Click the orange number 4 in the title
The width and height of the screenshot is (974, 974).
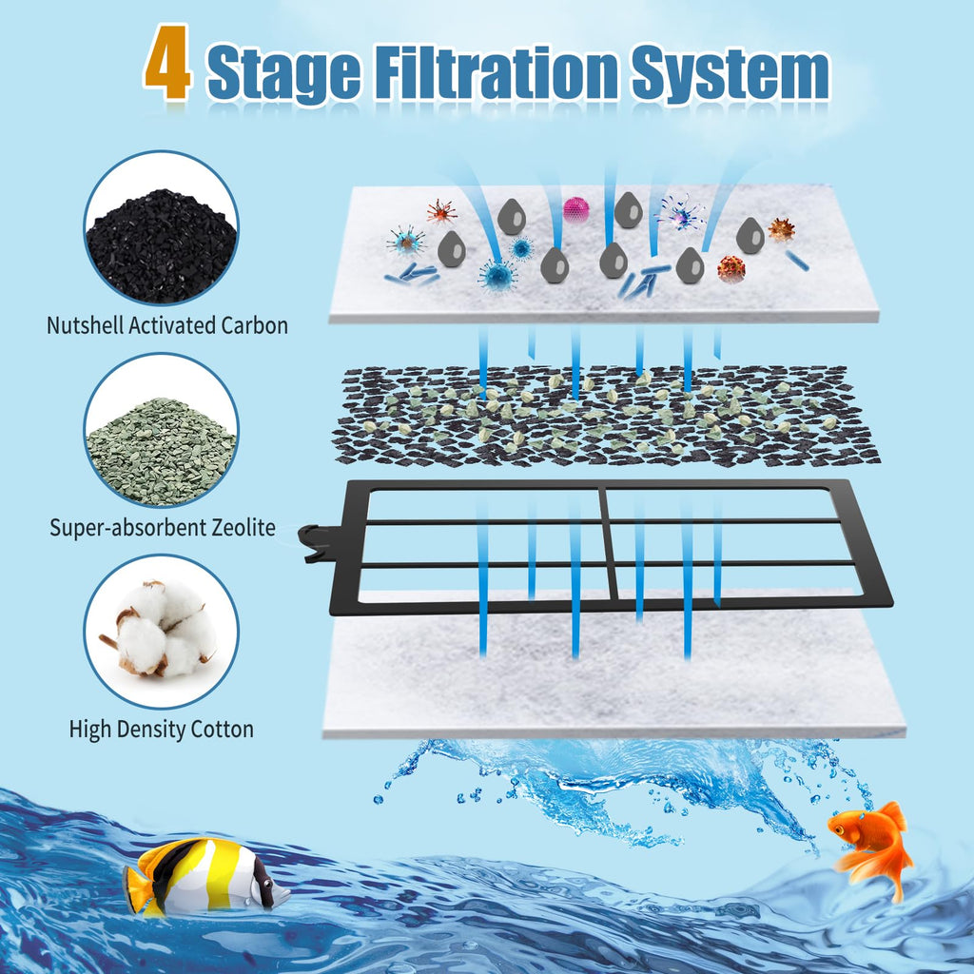[x=167, y=62]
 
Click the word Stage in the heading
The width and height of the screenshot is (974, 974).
[x=283, y=72]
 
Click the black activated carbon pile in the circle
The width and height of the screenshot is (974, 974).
[x=162, y=246]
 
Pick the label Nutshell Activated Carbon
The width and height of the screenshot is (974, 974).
[x=167, y=325]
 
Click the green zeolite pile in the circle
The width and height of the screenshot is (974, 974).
[x=162, y=451]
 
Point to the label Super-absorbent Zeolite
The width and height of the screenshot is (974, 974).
[x=163, y=527]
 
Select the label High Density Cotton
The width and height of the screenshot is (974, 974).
[x=162, y=729]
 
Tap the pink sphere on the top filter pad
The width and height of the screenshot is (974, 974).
[x=575, y=209]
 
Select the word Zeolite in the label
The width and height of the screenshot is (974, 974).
[x=243, y=527]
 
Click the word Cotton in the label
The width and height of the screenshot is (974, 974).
[x=222, y=729]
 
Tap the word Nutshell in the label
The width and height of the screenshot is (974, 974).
[x=85, y=325]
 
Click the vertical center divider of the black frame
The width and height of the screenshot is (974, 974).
[x=609, y=543]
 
